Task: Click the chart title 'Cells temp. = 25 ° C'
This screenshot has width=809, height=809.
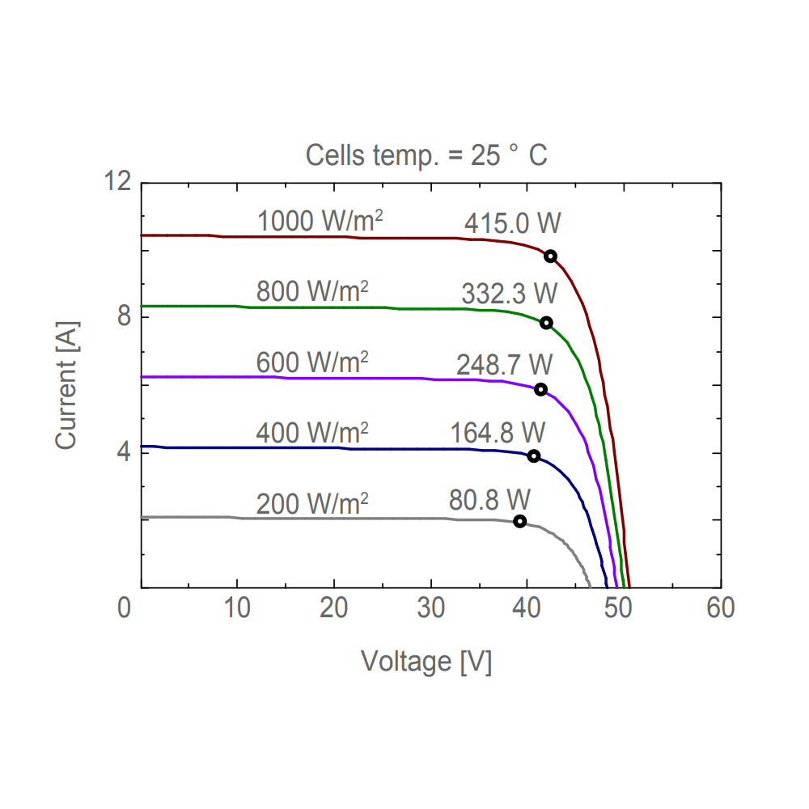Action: click(x=426, y=155)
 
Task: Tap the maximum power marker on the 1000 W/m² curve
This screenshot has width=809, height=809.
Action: click(x=550, y=256)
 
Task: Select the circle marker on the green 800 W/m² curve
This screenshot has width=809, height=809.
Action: click(x=546, y=323)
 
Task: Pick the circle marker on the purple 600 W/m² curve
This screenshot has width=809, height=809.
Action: click(x=540, y=389)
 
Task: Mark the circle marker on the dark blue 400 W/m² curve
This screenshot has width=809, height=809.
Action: click(x=534, y=456)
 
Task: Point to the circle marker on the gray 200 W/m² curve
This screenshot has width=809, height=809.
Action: click(x=519, y=521)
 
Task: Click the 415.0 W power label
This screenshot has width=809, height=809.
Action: click(x=512, y=223)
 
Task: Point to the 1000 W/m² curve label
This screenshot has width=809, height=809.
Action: click(x=320, y=221)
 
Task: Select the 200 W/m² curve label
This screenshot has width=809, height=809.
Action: click(x=312, y=504)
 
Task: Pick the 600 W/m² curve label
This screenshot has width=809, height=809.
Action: click(x=312, y=362)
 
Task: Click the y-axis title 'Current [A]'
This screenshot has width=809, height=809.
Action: click(x=66, y=384)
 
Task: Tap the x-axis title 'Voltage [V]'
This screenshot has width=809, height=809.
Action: click(x=426, y=661)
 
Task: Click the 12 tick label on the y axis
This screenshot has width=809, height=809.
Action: click(x=118, y=182)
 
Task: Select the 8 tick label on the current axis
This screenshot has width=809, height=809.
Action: click(x=124, y=317)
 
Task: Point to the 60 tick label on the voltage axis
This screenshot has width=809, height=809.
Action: click(x=720, y=608)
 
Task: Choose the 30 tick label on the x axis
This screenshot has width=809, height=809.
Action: click(x=430, y=608)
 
